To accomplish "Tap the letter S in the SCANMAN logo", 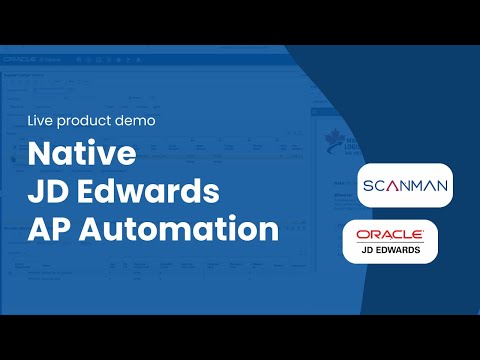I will coord(366,185).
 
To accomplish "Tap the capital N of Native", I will coord(40,156).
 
